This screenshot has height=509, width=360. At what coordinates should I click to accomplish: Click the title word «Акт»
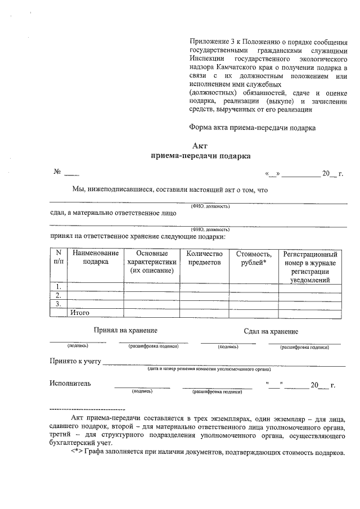pos(200,146)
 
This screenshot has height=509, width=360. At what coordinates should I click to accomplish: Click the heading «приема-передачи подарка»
pos(200,156)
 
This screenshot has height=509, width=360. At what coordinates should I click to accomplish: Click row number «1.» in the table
pos(58,287)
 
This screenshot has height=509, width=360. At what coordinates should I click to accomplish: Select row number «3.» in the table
pos(58,304)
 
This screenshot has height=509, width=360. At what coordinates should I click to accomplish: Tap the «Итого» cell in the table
pos(80,312)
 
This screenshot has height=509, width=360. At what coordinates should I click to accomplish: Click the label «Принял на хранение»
pos(125,330)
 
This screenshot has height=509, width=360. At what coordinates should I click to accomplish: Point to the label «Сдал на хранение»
pos(271,331)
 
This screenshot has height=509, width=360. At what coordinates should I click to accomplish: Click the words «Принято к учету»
pos(75,361)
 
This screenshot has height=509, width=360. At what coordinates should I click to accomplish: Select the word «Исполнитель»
pos(70,384)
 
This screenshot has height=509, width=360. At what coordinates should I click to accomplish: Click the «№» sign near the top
pos(57,172)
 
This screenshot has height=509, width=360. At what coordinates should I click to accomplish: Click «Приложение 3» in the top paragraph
pos(210,42)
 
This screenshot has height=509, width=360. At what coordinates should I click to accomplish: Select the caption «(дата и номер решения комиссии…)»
pos(209,370)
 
